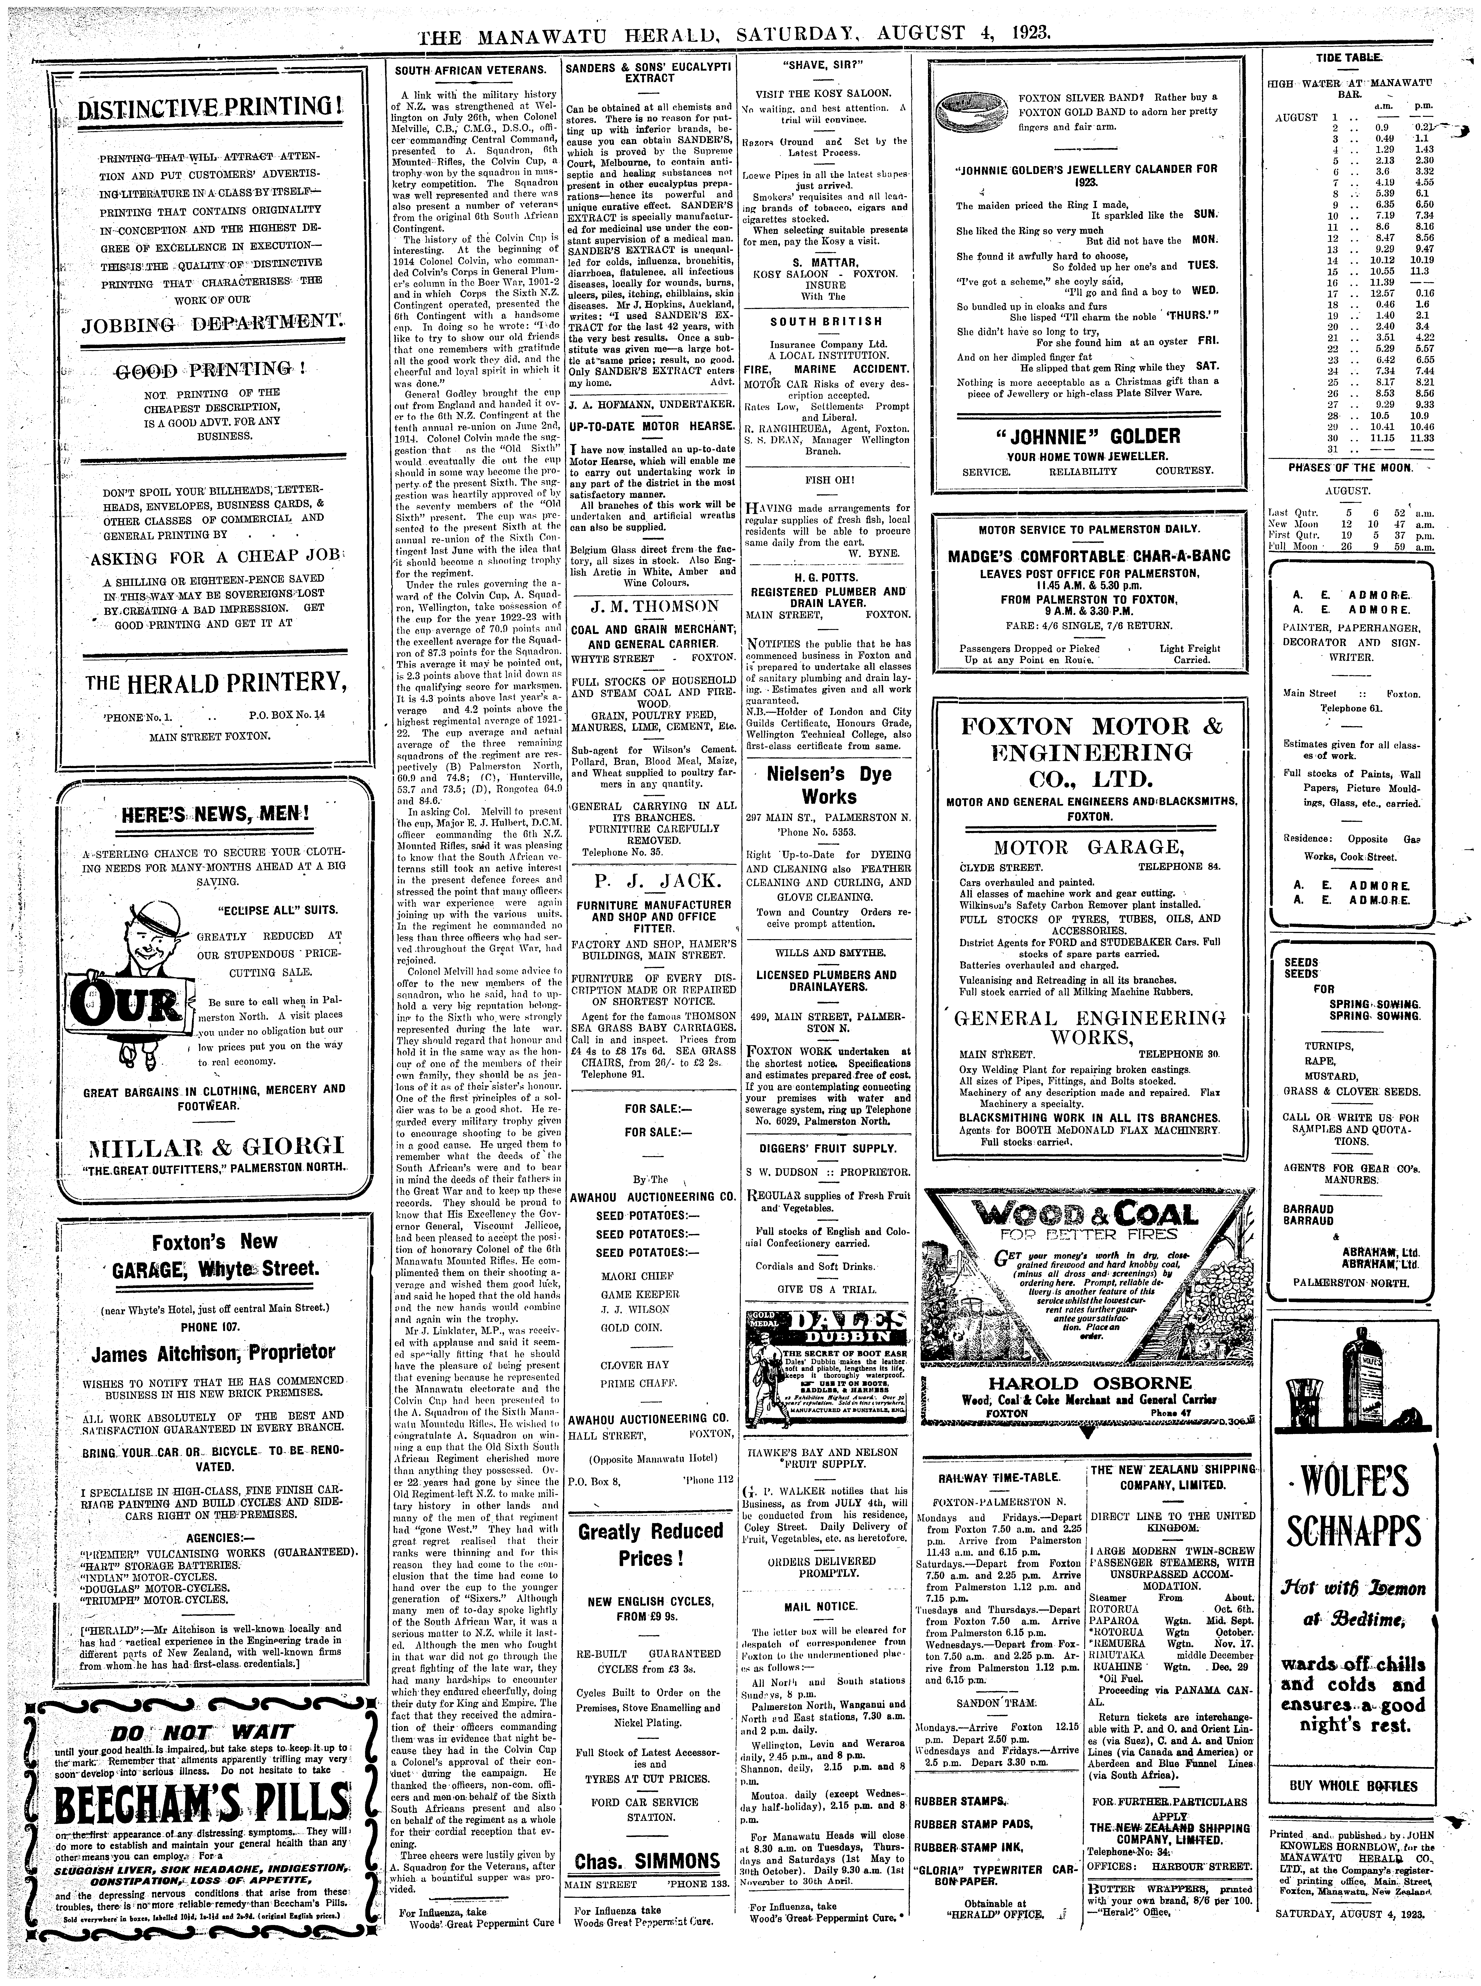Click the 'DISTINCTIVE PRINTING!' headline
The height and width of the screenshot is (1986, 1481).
click(212, 111)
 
